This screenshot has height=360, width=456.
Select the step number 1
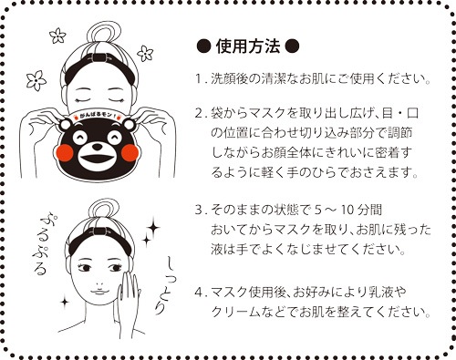point(199,78)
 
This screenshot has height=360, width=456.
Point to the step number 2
point(199,116)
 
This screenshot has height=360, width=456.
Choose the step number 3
point(199,209)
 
